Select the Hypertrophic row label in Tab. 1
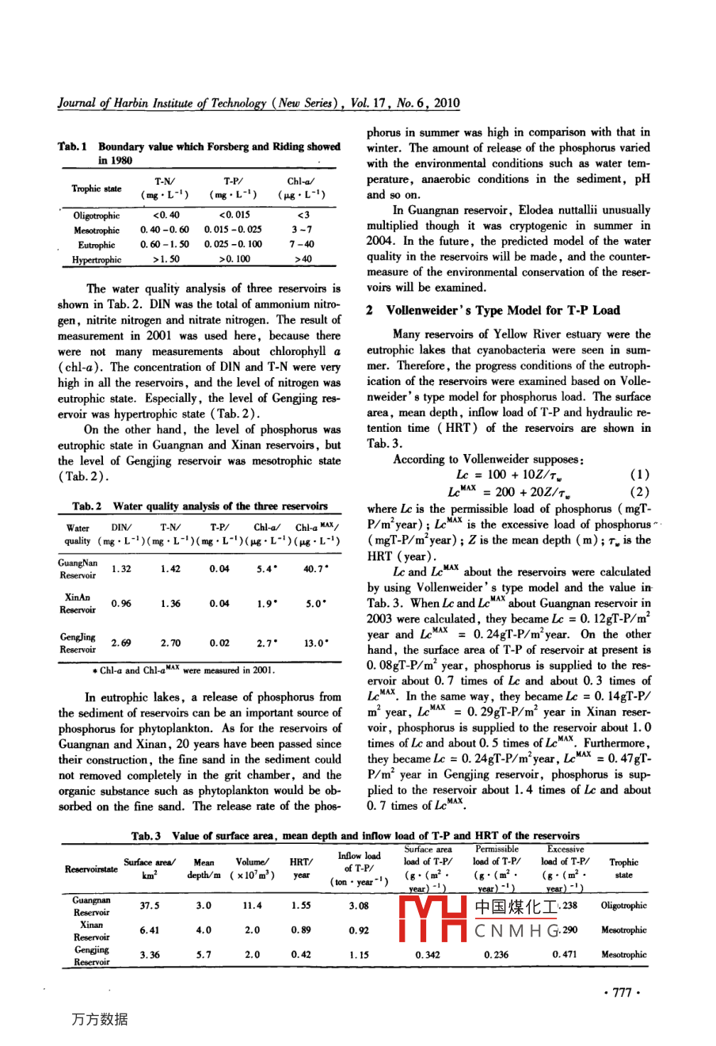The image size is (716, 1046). [97, 259]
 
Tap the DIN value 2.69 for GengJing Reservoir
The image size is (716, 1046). [121, 643]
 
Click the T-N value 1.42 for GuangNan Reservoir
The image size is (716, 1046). [170, 568]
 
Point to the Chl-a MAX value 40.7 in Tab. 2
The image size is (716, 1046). [316, 568]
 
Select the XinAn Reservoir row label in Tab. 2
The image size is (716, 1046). [78, 603]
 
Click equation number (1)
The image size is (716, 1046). [639, 475]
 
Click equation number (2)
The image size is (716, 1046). [639, 491]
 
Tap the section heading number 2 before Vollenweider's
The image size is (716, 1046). [370, 311]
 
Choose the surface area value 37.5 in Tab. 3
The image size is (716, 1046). [149, 905]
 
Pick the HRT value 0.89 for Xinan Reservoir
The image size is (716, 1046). [300, 930]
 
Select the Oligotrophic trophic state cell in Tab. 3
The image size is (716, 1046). [623, 905]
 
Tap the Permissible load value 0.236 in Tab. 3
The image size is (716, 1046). [497, 955]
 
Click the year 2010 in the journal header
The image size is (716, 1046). [447, 103]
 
